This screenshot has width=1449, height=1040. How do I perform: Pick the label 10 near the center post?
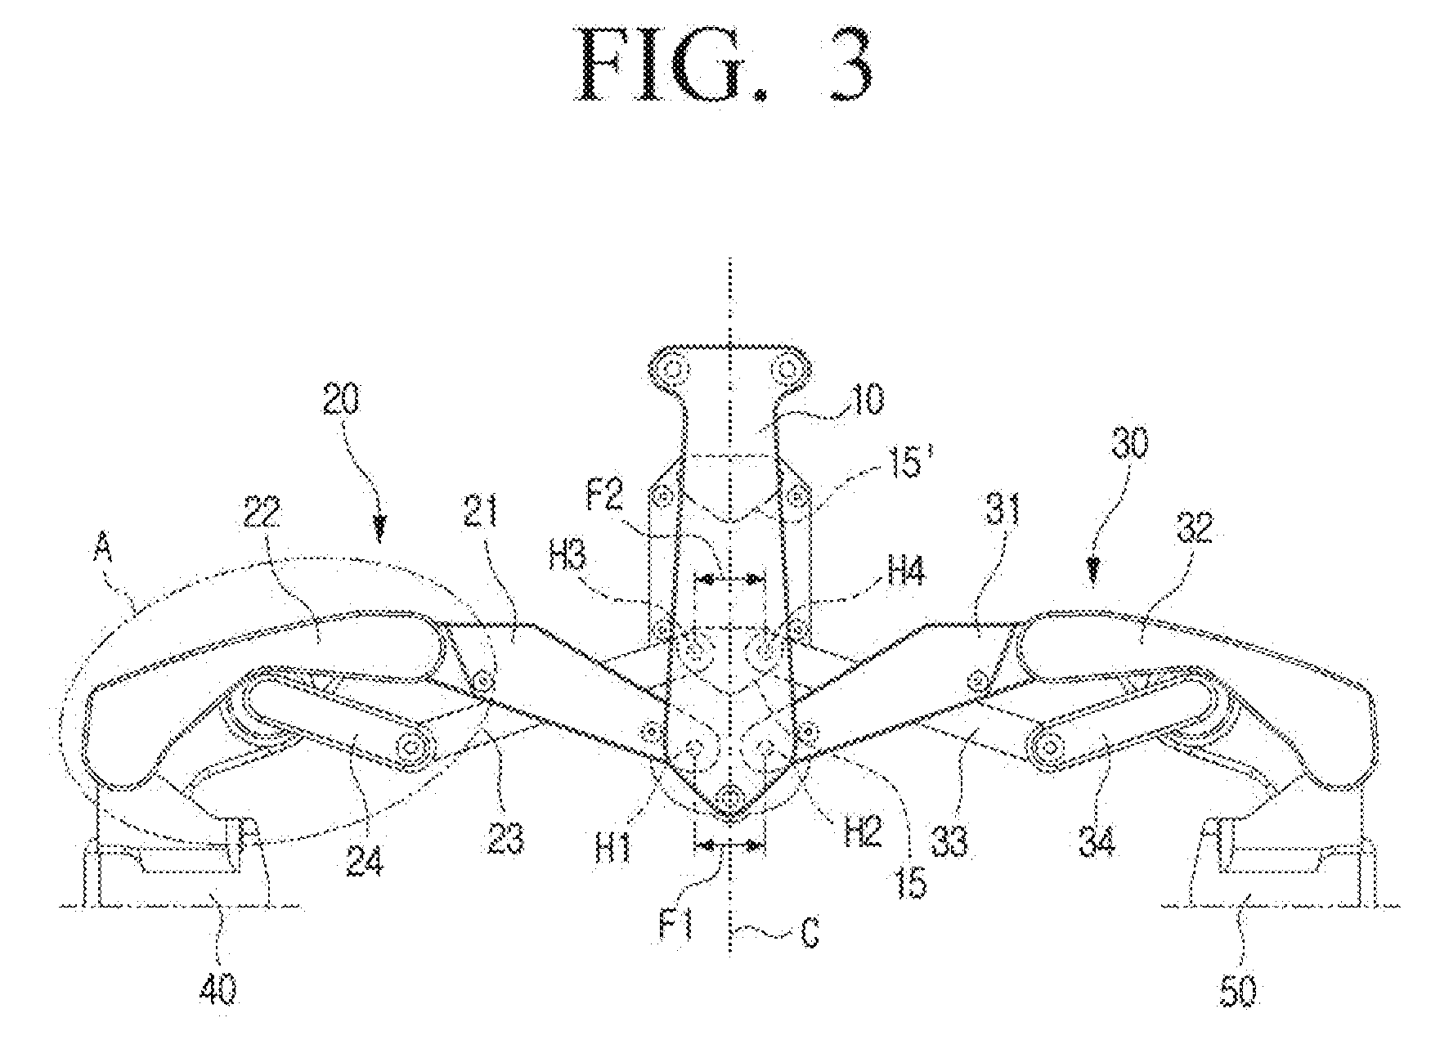click(x=867, y=400)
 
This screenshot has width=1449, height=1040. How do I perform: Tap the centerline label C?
click(x=810, y=932)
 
